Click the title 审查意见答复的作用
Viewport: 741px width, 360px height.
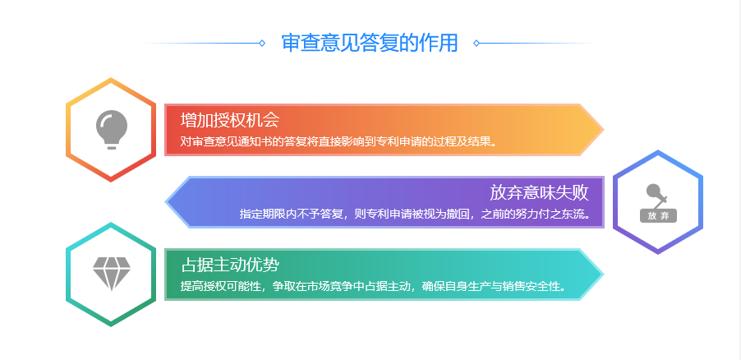[x=370, y=43]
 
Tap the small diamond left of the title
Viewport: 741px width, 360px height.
[x=262, y=43]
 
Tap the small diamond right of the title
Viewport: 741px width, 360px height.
[x=476, y=43]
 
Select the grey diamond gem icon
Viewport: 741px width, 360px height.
[x=112, y=274]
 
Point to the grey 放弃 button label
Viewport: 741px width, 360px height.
[x=658, y=215]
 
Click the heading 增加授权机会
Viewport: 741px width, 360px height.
[x=230, y=120]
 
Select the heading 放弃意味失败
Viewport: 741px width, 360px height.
[x=539, y=192]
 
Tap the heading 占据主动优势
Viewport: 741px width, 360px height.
[x=230, y=265]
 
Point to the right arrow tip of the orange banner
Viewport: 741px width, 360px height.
[x=603, y=130]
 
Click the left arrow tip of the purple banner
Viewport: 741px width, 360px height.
[x=166, y=202]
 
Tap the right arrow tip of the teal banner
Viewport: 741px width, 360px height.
[x=603, y=275]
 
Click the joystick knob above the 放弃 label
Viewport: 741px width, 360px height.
[x=654, y=191]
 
